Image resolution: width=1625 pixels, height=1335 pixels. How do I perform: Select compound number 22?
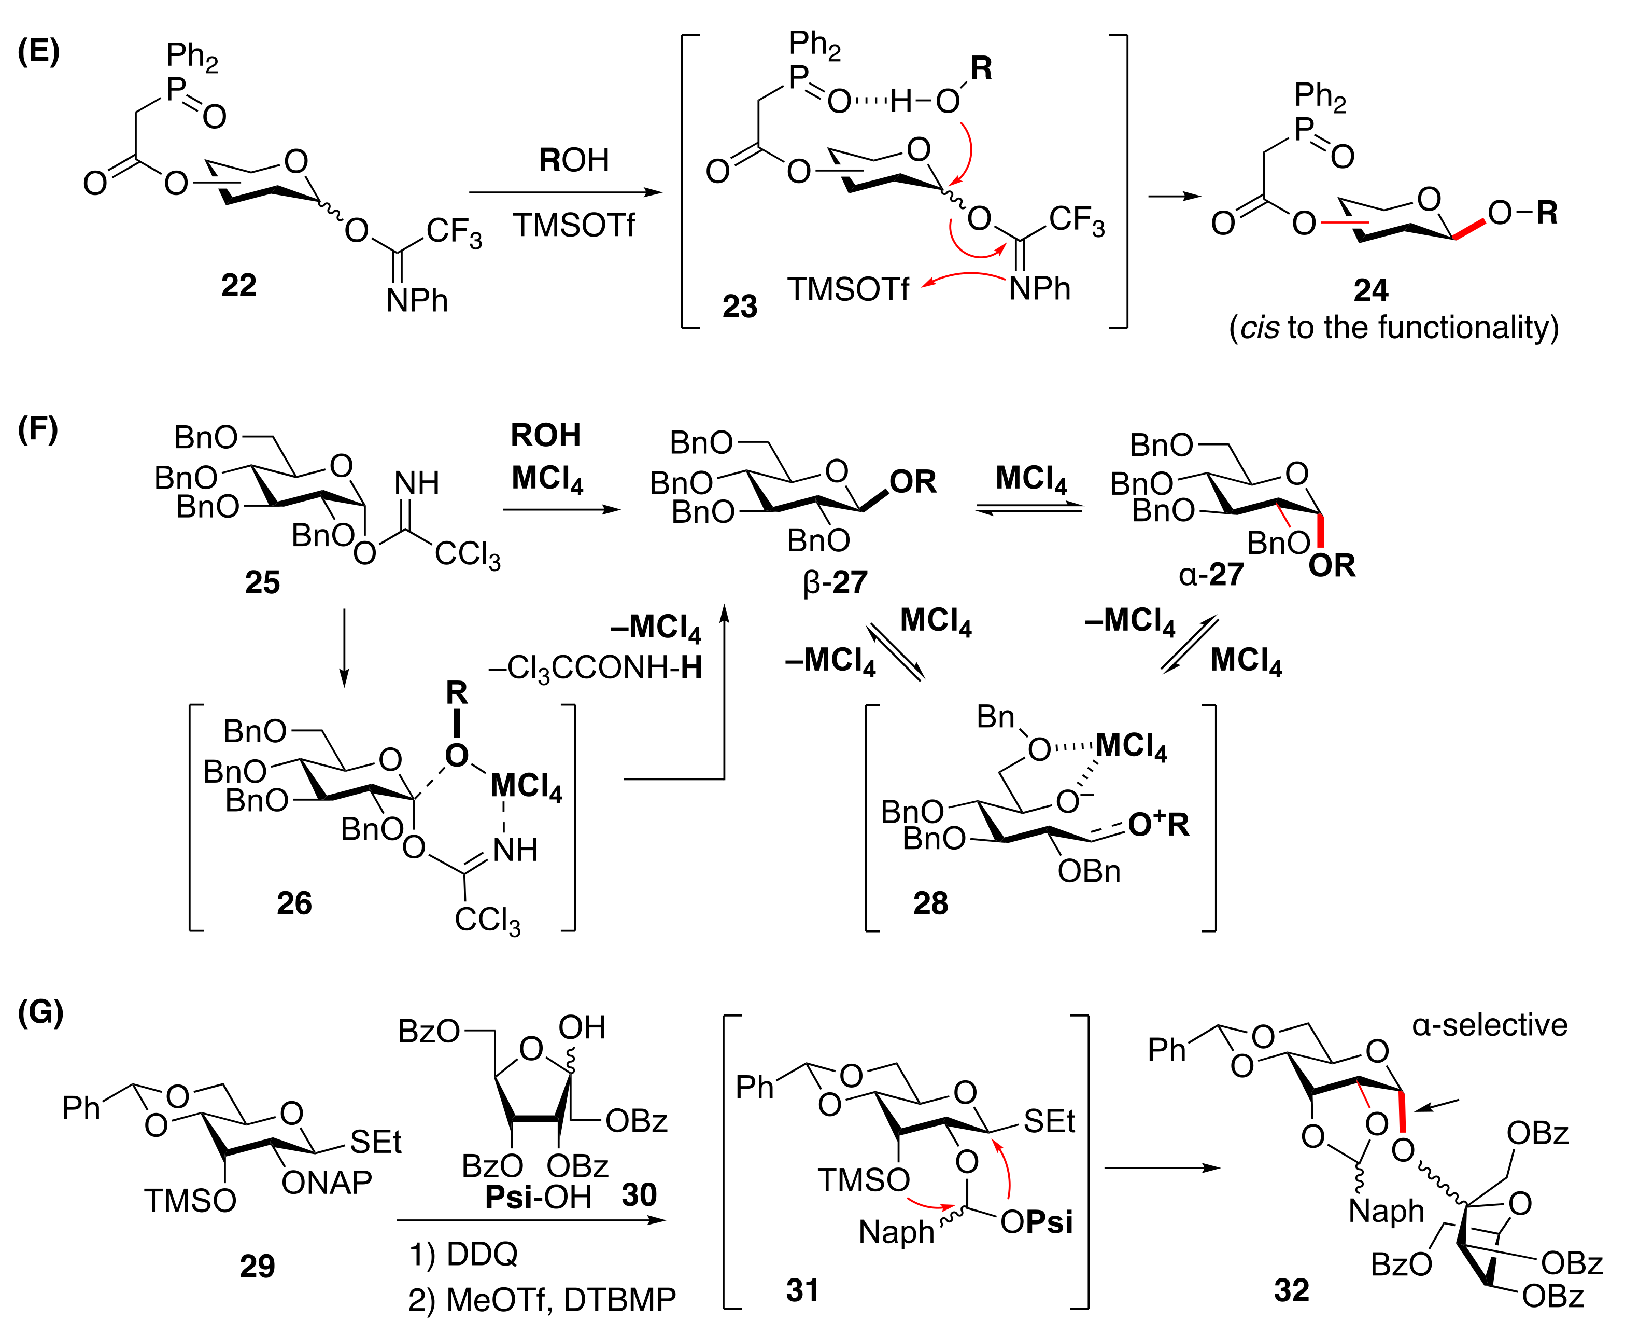click(x=238, y=285)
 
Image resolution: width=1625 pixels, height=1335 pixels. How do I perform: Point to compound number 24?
click(x=1370, y=290)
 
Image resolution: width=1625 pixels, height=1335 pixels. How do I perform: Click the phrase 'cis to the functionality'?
click(x=1394, y=328)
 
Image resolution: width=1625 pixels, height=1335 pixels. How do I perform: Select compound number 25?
click(x=262, y=582)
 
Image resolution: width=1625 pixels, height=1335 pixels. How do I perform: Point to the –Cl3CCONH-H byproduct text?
click(x=596, y=668)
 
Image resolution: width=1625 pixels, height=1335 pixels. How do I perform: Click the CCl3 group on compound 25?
click(x=468, y=554)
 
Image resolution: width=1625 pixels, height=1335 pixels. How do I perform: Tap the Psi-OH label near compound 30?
click(x=538, y=1198)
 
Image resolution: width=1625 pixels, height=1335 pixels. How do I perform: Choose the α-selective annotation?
click(x=1489, y=1025)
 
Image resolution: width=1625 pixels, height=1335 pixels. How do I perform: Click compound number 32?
click(x=1291, y=1290)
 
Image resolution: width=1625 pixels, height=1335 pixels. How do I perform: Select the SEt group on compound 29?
click(x=375, y=1143)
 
